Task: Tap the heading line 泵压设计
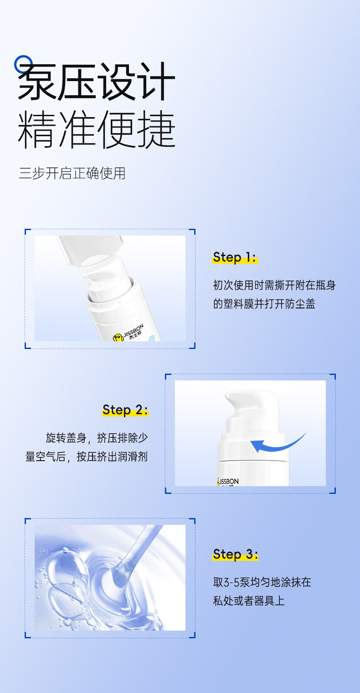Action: coord(96,82)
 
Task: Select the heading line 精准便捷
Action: coord(96,130)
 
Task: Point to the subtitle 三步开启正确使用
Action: coord(72,173)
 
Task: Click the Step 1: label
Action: coord(235,257)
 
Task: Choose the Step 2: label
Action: coord(125,410)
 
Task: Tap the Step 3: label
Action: coord(235,554)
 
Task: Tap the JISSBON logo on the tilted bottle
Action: coord(128,333)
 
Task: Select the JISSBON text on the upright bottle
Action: coord(228,482)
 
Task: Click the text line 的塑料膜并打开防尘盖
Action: coord(264,304)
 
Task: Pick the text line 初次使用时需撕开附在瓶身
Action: coord(274,285)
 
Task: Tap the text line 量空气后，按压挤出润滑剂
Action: coord(87,457)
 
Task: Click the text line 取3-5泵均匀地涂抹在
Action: coord(262,582)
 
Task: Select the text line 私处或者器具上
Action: coord(248,601)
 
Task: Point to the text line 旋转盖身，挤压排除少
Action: coord(97,438)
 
